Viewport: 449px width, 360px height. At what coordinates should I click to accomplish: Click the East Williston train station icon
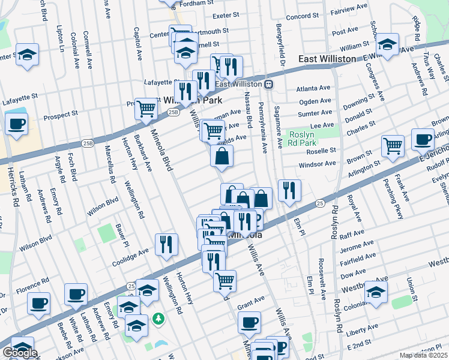(x=270, y=84)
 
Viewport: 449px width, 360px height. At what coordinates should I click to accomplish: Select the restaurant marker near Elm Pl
(x=289, y=191)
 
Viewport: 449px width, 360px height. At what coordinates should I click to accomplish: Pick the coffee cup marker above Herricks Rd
(x=17, y=124)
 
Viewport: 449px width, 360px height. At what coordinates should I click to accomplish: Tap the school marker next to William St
(x=388, y=44)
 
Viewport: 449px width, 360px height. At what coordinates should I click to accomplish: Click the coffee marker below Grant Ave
(x=249, y=322)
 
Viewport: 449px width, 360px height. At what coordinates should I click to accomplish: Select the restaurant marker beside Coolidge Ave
(x=166, y=244)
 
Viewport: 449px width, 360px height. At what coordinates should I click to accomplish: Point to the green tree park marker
(x=158, y=318)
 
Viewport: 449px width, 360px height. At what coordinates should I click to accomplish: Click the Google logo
(x=20, y=353)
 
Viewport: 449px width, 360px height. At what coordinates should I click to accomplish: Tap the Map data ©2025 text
(x=423, y=355)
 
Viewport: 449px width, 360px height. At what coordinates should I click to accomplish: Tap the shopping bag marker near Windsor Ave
(x=221, y=157)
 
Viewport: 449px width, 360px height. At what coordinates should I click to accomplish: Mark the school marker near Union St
(x=376, y=292)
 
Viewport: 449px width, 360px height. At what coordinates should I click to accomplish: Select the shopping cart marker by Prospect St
(x=146, y=109)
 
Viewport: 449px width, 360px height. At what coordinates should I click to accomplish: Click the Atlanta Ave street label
(x=313, y=88)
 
